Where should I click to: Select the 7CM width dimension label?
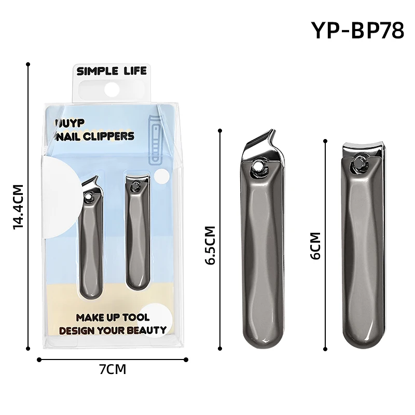click(x=113, y=369)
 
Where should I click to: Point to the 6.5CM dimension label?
click(x=210, y=245)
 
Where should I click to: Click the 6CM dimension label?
click(x=315, y=245)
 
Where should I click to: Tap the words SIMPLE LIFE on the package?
click(x=112, y=71)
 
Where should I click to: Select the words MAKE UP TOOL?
click(x=113, y=317)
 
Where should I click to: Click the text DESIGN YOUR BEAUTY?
click(x=113, y=330)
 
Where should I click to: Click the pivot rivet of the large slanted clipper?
click(x=257, y=166)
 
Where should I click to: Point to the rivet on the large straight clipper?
click(x=358, y=165)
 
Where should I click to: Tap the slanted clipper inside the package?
click(x=90, y=239)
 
